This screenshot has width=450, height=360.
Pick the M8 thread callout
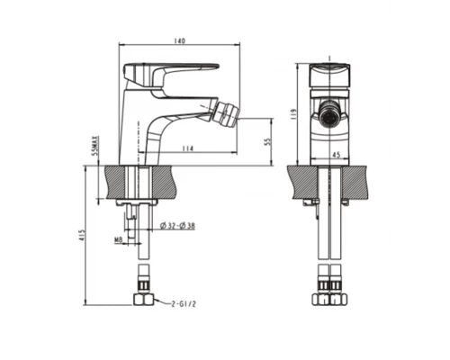click(x=118, y=238)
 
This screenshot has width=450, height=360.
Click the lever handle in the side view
click(x=171, y=71)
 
